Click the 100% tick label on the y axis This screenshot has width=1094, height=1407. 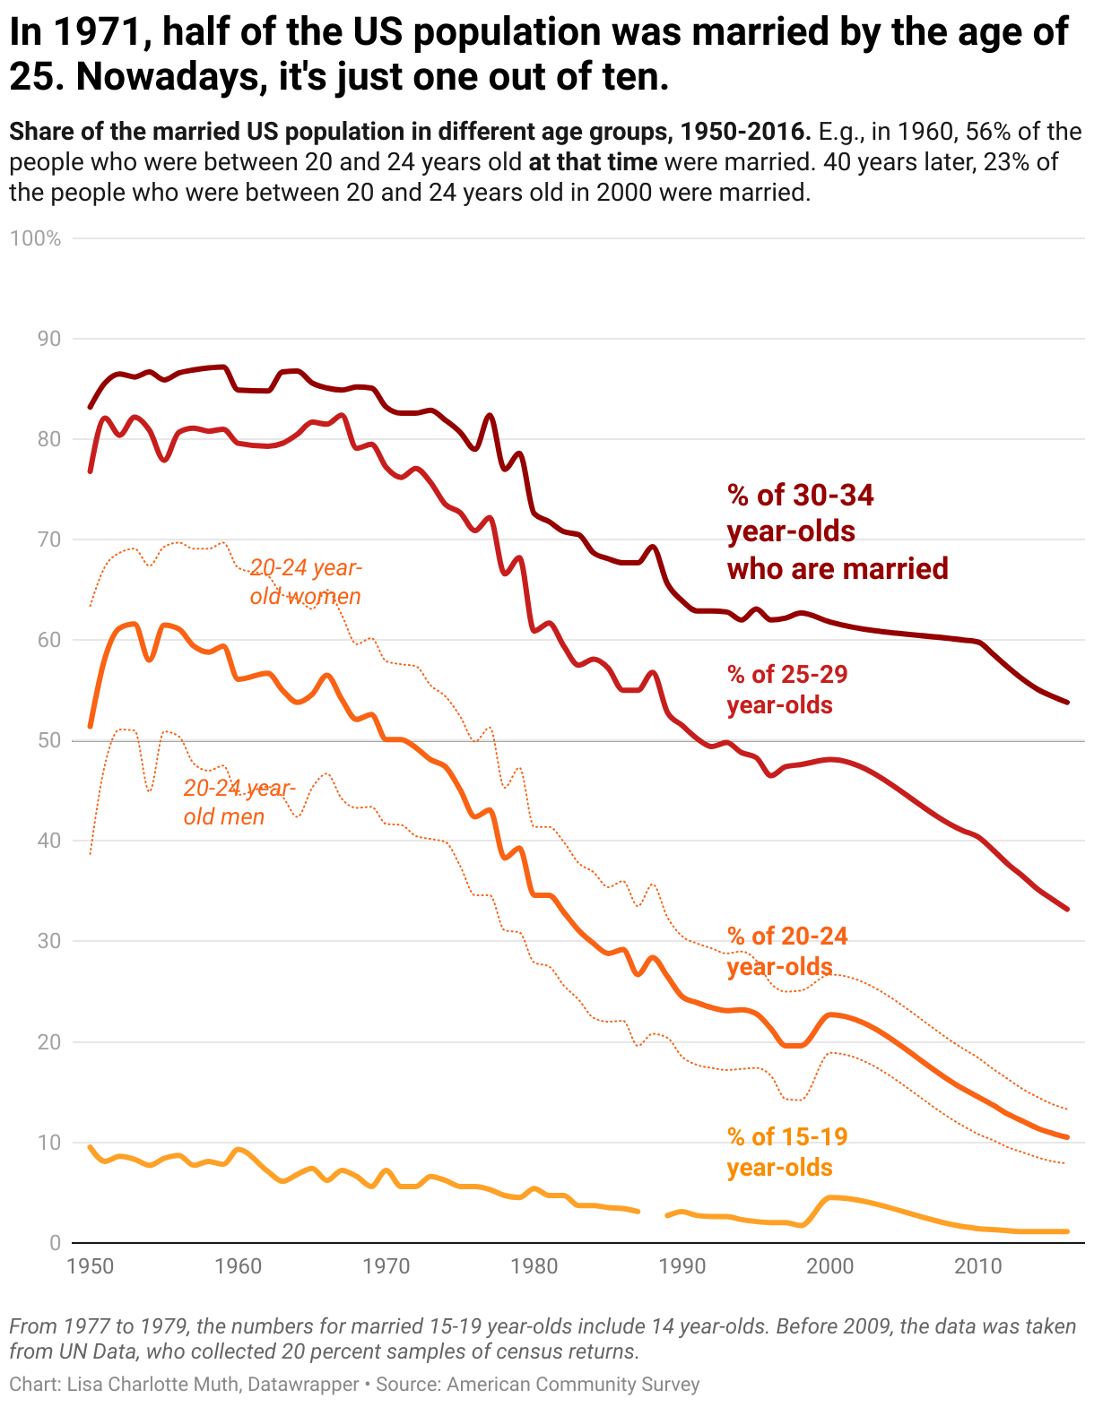[35, 238]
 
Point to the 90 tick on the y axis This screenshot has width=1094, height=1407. [50, 339]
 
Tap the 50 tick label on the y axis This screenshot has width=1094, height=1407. [50, 740]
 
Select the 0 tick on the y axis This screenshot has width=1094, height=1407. [56, 1243]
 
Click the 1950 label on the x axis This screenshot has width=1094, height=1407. [91, 1266]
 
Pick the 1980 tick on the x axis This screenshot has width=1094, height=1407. [534, 1266]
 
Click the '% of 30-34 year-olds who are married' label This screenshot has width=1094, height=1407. [837, 531]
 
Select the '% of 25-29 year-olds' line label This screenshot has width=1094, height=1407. [787, 689]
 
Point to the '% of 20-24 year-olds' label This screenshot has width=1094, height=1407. [787, 951]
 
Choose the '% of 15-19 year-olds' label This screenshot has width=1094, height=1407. [787, 1152]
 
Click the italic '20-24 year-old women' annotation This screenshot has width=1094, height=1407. [306, 582]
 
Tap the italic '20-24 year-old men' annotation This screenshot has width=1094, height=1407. [239, 802]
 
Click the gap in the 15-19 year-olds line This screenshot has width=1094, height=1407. [652, 1213]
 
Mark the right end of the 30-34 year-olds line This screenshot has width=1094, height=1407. [1067, 702]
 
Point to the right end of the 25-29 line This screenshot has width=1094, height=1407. [1067, 909]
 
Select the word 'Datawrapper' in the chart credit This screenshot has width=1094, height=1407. [303, 1384]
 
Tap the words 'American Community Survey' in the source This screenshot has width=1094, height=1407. [573, 1384]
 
